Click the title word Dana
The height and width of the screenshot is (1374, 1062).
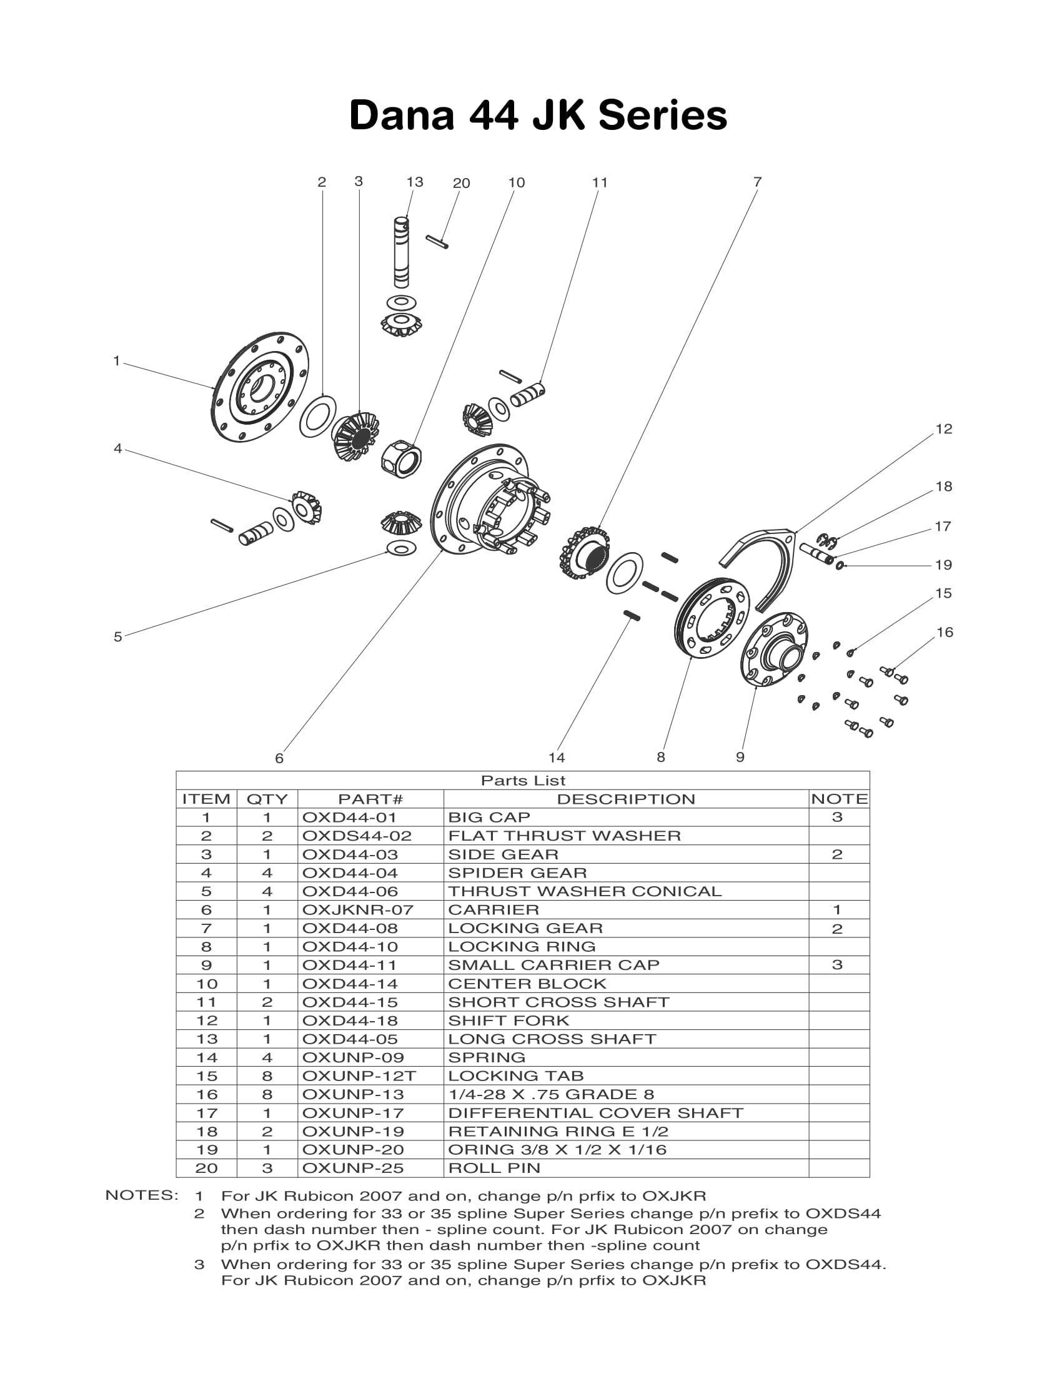(402, 116)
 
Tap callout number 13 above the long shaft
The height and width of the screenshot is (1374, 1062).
(415, 182)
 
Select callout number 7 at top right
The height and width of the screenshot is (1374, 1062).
(758, 182)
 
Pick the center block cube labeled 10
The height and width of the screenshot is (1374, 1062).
(402, 457)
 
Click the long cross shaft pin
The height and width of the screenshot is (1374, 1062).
(402, 252)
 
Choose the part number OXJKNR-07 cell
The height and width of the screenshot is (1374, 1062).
(357, 910)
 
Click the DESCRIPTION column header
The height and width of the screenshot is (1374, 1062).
(626, 799)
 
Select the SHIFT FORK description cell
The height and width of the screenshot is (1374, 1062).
(509, 1021)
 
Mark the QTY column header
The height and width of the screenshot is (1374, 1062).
(267, 799)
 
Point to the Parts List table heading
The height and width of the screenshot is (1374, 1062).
(523, 781)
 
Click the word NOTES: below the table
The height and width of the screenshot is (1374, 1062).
(142, 1195)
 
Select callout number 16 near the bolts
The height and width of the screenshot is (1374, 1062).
(945, 632)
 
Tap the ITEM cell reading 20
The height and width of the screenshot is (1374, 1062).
(206, 1169)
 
